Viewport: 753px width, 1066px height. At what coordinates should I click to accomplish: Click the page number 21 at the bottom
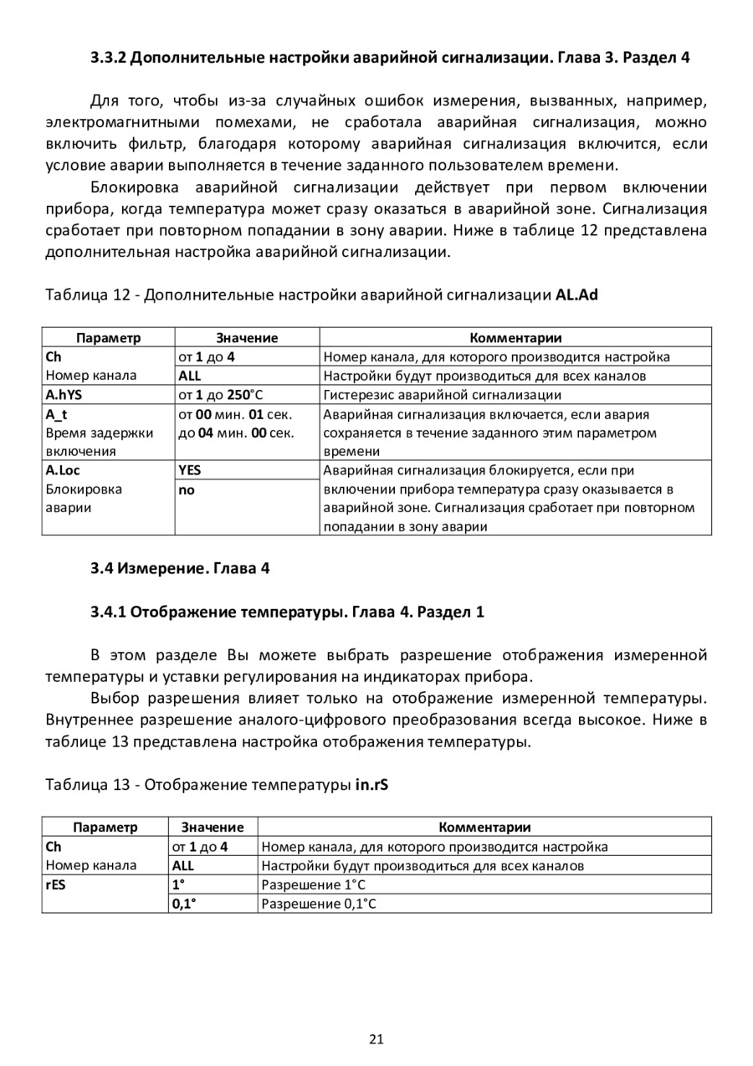376,1040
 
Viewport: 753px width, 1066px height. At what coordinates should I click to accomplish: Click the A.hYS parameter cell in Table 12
64,395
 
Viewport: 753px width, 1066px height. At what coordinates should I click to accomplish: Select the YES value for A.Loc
190,470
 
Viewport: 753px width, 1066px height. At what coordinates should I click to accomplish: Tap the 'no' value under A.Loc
186,490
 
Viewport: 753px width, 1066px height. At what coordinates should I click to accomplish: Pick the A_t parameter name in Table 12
56,414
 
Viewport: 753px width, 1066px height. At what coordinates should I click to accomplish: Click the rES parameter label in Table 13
56,885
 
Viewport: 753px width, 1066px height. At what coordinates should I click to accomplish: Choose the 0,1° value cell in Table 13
184,904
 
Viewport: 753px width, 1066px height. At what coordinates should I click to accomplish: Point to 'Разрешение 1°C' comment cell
314,885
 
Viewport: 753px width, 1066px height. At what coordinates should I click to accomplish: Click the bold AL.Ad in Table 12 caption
576,295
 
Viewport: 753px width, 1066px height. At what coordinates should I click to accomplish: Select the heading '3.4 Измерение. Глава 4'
180,570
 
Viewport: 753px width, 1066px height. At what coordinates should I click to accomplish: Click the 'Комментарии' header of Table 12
515,338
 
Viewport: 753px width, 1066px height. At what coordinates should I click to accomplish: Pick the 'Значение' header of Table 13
213,828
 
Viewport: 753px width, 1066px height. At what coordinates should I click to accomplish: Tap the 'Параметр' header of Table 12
108,338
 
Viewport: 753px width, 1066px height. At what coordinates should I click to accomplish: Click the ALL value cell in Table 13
183,866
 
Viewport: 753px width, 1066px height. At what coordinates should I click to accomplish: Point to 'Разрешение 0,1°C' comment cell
320,904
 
